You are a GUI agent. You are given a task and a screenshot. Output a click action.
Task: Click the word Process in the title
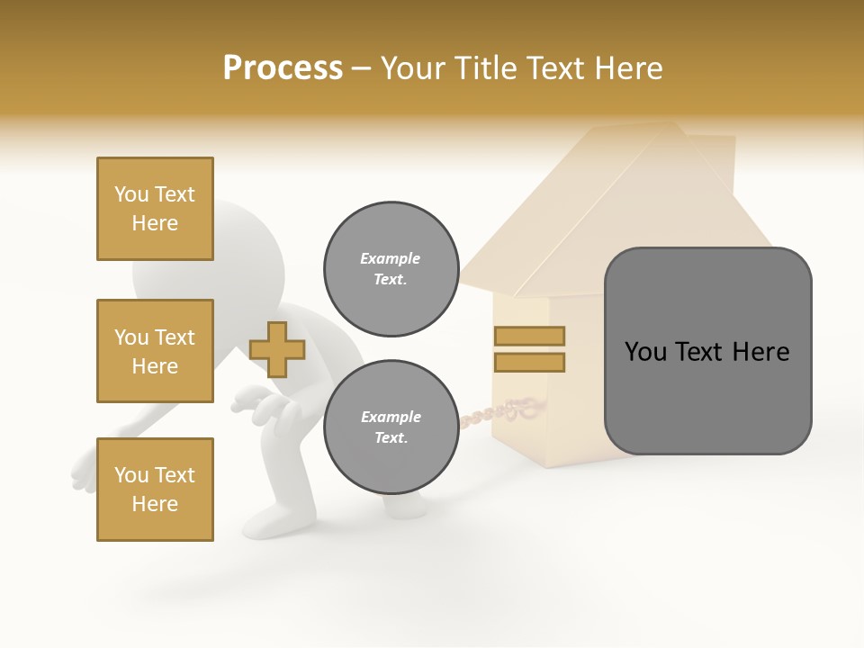click(x=283, y=68)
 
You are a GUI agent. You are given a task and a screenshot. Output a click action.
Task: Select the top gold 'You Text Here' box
click(x=155, y=209)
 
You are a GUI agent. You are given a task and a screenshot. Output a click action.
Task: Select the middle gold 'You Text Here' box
click(x=155, y=351)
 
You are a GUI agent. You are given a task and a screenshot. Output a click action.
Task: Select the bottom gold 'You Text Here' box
click(x=155, y=490)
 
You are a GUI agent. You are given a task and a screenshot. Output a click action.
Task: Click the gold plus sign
click(x=277, y=349)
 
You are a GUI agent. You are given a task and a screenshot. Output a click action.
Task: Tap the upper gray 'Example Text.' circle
click(x=391, y=269)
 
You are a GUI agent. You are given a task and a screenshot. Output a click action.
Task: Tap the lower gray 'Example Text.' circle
click(x=391, y=427)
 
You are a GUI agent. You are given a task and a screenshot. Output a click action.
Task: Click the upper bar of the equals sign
click(x=529, y=336)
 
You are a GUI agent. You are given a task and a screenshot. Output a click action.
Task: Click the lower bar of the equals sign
click(x=529, y=362)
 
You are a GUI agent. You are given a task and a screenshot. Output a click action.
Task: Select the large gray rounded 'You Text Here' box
click(x=707, y=351)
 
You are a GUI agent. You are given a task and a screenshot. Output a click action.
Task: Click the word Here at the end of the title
click(x=628, y=68)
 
